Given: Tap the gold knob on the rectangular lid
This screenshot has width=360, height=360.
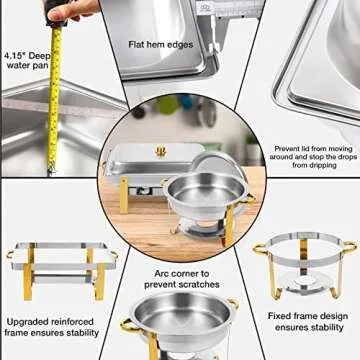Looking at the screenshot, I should [159, 151].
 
